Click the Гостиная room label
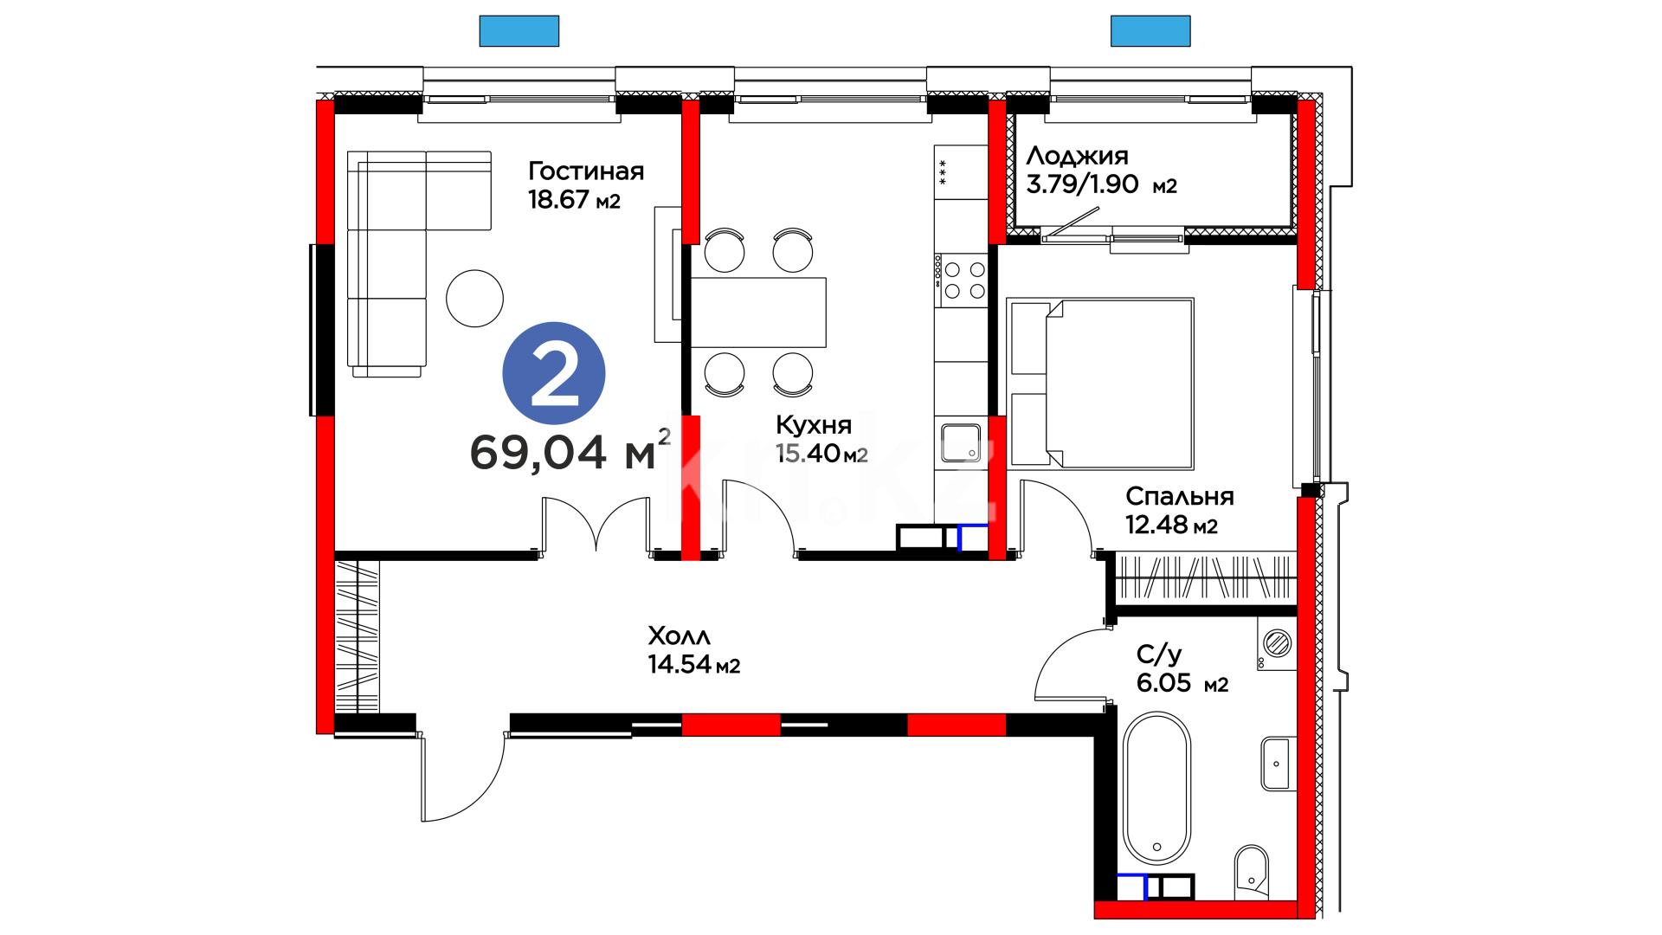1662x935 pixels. coord(586,171)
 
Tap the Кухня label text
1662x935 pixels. coord(814,425)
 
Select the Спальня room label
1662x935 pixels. coord(1180,497)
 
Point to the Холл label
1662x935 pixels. coord(680,636)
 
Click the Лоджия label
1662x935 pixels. coord(1078,157)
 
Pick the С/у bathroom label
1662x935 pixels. coord(1159,654)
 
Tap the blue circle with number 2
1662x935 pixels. coord(554,373)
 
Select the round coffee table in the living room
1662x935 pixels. coord(474,299)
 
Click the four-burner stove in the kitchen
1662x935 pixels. coord(962,280)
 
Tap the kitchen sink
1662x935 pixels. coord(961,442)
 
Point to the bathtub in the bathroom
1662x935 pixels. coord(1157,788)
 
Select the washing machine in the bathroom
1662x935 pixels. coord(1277,644)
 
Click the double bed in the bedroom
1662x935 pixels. coord(1101,384)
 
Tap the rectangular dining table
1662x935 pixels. coord(758,313)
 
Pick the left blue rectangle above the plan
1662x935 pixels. coord(519,31)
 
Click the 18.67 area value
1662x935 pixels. coord(559,200)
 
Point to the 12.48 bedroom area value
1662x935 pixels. coord(1156,525)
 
